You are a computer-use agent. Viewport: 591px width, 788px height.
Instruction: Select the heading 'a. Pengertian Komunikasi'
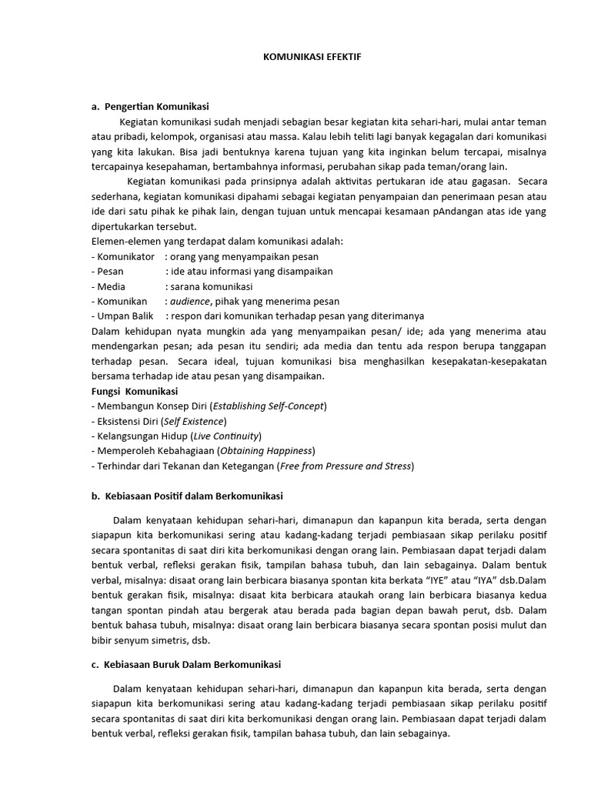coord(149,106)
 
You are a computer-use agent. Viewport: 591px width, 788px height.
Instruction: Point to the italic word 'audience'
coord(189,302)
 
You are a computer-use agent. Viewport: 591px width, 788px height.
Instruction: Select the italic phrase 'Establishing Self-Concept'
coord(269,406)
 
